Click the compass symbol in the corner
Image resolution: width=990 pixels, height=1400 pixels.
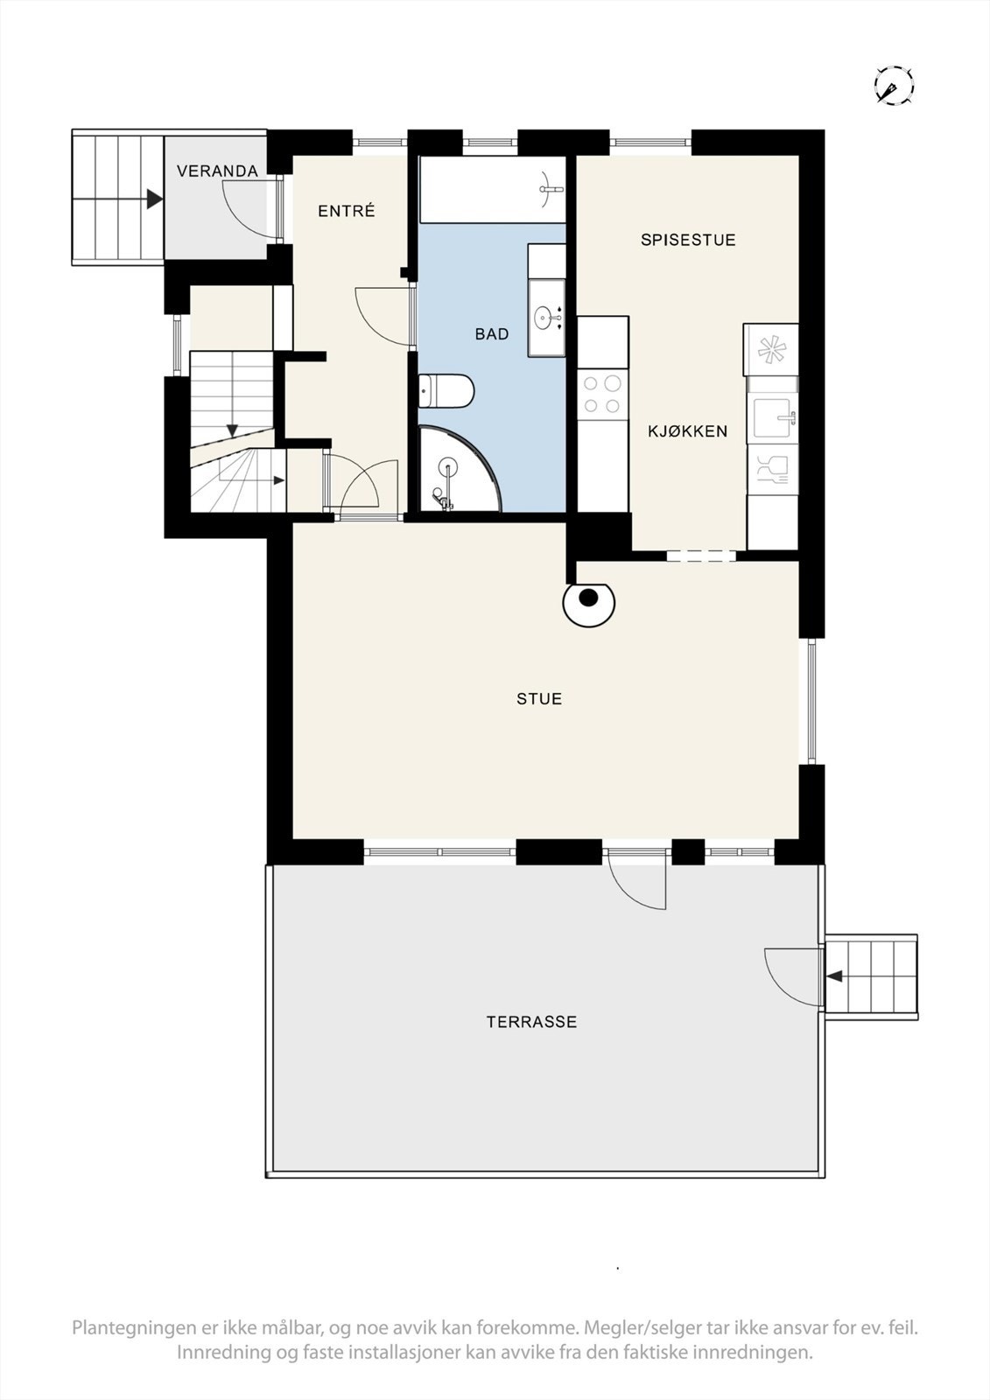894,86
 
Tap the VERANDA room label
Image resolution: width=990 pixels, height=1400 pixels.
217,171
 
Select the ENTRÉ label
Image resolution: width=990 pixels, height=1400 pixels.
347,211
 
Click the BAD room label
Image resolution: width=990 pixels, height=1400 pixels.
492,334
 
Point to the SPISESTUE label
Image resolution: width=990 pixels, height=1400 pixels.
688,240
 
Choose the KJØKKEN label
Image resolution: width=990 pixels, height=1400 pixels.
688,431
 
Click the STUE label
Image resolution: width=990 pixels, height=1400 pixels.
539,699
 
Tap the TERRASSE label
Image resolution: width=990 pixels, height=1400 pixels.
531,1022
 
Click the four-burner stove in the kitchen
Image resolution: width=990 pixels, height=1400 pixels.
602,394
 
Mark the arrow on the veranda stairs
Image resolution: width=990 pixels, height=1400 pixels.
154,199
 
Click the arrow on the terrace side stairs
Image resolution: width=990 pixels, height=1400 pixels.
834,976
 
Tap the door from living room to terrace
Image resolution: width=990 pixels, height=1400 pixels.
637,879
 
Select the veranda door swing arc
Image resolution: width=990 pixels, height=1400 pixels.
245,214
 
